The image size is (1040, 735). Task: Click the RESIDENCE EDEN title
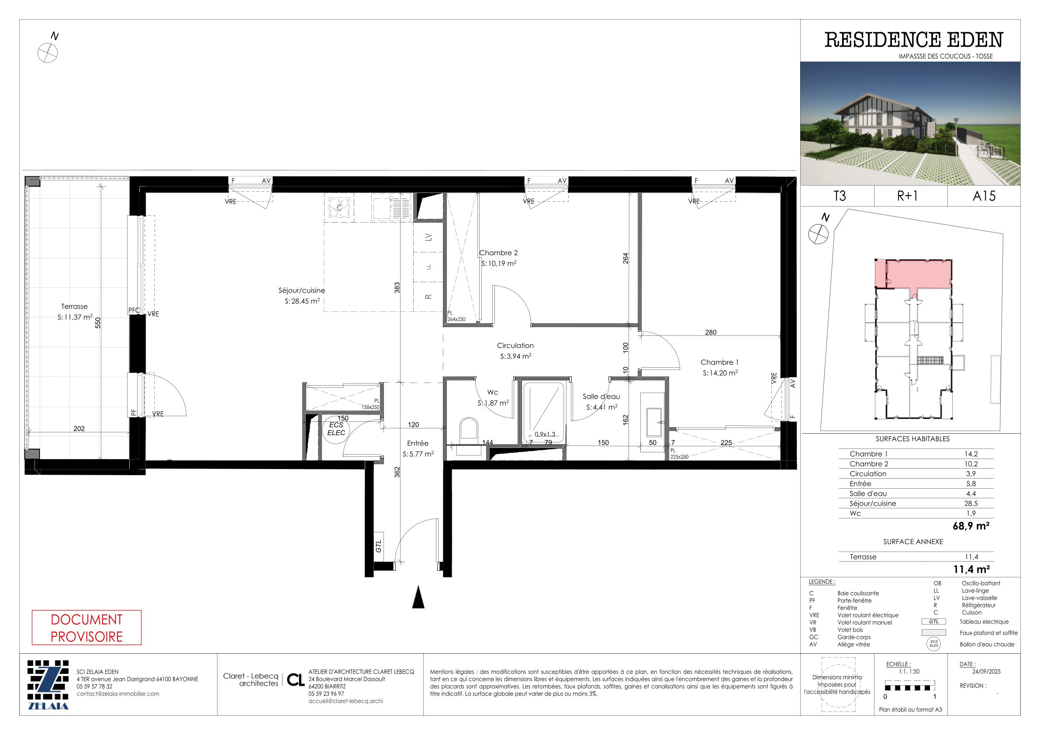[x=914, y=40]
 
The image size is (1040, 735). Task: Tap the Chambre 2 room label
[x=498, y=253]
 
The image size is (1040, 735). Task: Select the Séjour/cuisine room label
[x=302, y=290]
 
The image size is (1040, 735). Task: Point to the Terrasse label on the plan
[x=74, y=307]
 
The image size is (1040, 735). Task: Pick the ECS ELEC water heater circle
[x=336, y=429]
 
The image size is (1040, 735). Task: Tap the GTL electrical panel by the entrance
[x=379, y=546]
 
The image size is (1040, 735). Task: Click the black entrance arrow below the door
[x=418, y=597]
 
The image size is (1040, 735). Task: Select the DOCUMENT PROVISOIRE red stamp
[x=86, y=628]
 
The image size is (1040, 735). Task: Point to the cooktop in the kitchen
[x=339, y=208]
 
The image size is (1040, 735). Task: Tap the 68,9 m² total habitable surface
[x=971, y=526]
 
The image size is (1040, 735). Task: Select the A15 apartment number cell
[x=984, y=196]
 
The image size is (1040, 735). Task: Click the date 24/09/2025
[x=980, y=671]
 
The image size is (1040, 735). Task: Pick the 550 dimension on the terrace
[x=98, y=323]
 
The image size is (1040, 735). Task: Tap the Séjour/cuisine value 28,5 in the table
[x=971, y=503]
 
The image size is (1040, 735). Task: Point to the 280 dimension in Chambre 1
[x=711, y=332]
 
